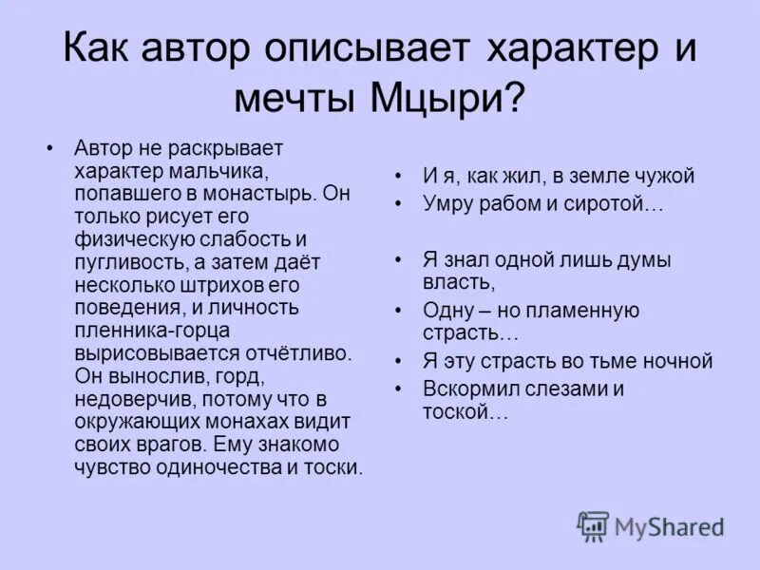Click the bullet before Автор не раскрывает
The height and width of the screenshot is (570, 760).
[50, 148]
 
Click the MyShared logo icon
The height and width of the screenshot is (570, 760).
[593, 526]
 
